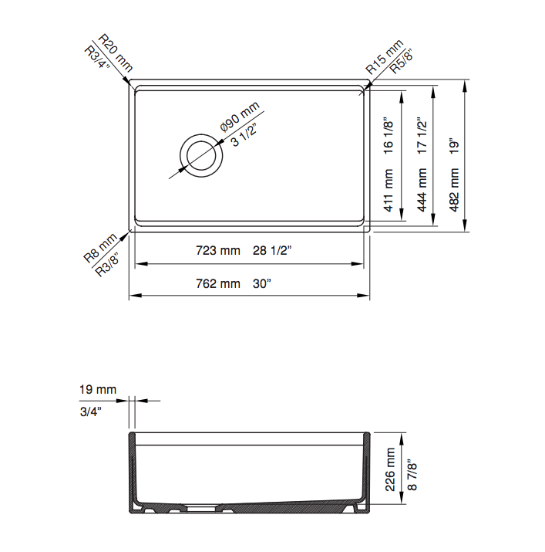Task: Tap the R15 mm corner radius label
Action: click(x=383, y=56)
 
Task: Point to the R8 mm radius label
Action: click(x=100, y=248)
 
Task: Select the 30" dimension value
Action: click(x=262, y=283)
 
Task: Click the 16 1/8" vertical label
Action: click(x=389, y=136)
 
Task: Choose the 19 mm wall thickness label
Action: click(x=97, y=389)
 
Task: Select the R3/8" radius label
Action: click(x=109, y=263)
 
